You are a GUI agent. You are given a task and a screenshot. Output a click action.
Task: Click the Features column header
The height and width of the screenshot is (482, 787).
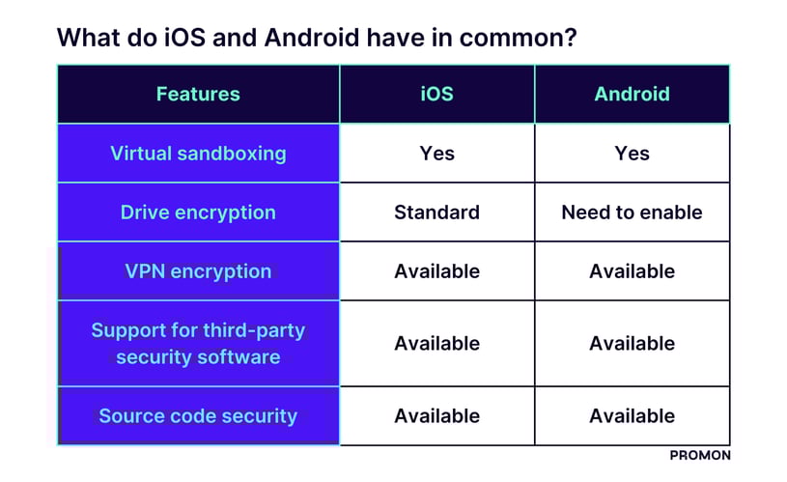[x=198, y=94]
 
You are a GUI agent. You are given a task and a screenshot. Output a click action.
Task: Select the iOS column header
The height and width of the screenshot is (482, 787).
[x=437, y=94]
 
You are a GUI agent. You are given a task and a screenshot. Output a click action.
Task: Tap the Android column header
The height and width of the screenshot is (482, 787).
[x=632, y=94]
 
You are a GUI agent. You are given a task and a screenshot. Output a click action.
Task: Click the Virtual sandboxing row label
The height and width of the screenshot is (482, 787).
[x=198, y=153]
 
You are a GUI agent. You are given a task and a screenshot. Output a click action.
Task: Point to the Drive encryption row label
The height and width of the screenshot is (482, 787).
[x=198, y=213]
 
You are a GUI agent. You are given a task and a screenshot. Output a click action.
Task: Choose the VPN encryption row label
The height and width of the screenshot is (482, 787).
[x=198, y=271]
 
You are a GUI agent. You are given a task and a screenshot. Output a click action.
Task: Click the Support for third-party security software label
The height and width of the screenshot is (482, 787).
[x=198, y=344]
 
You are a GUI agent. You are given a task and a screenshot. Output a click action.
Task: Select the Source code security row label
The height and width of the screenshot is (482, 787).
[x=198, y=416]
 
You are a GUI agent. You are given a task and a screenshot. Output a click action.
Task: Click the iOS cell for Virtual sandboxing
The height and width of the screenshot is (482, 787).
[x=437, y=153]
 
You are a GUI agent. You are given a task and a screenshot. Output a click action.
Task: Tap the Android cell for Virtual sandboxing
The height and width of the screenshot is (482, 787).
[x=632, y=153]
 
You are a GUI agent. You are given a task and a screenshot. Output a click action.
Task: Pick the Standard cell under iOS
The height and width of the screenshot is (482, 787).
[x=437, y=213]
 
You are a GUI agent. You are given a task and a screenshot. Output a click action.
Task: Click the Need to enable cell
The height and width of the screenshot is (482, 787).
[x=632, y=213]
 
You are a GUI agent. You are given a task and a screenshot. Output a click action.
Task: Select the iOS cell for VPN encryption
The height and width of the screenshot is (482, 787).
[x=437, y=271]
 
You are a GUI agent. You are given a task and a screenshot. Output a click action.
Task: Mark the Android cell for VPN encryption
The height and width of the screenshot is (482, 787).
[x=632, y=271]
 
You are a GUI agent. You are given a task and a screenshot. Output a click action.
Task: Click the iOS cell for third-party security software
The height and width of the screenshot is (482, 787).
[x=437, y=344]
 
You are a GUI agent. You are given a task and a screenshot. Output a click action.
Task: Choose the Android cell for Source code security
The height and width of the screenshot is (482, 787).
[x=632, y=416]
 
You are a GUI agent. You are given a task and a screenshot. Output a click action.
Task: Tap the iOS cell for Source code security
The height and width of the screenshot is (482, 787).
[x=437, y=416]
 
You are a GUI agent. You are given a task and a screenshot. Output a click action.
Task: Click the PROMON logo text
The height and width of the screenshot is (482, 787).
[x=699, y=455]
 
